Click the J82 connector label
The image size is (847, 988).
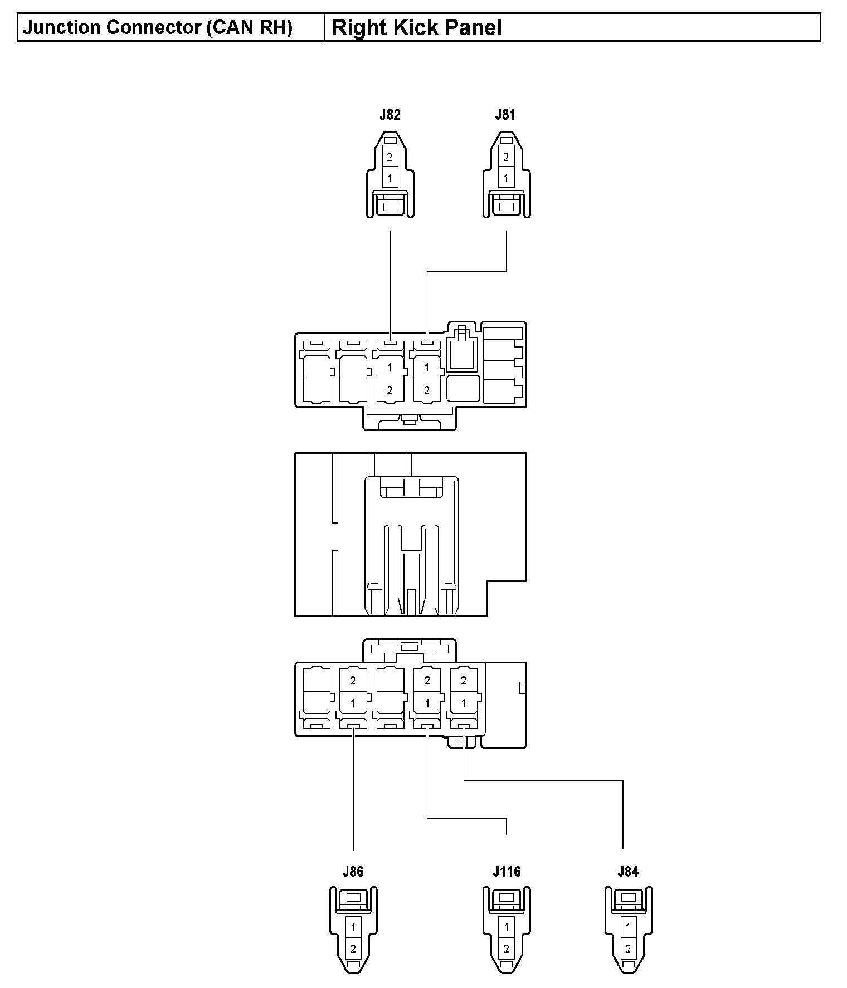pyautogui.click(x=390, y=115)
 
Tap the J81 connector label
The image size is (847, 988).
pyautogui.click(x=505, y=115)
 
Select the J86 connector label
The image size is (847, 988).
pyautogui.click(x=353, y=872)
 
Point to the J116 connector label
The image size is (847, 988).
pyautogui.click(x=506, y=872)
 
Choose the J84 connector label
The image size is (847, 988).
pyautogui.click(x=628, y=872)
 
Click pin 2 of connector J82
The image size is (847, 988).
pyautogui.click(x=390, y=157)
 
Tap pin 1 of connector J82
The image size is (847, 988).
pyautogui.click(x=390, y=179)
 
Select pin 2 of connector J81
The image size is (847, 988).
pyautogui.click(x=506, y=157)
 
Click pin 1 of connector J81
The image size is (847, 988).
pyautogui.click(x=506, y=179)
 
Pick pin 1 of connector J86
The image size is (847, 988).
pyautogui.click(x=353, y=927)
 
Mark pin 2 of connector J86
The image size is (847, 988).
pyautogui.click(x=353, y=948)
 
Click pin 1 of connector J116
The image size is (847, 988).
pyautogui.click(x=506, y=927)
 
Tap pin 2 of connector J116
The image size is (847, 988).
pyautogui.click(x=506, y=948)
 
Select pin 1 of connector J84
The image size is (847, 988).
pyautogui.click(x=628, y=927)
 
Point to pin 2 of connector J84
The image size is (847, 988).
pyautogui.click(x=628, y=948)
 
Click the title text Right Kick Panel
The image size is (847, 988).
pyautogui.click(x=417, y=28)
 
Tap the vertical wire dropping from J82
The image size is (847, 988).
pyautogui.click(x=390, y=284)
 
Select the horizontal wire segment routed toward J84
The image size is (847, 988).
pyautogui.click(x=543, y=780)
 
